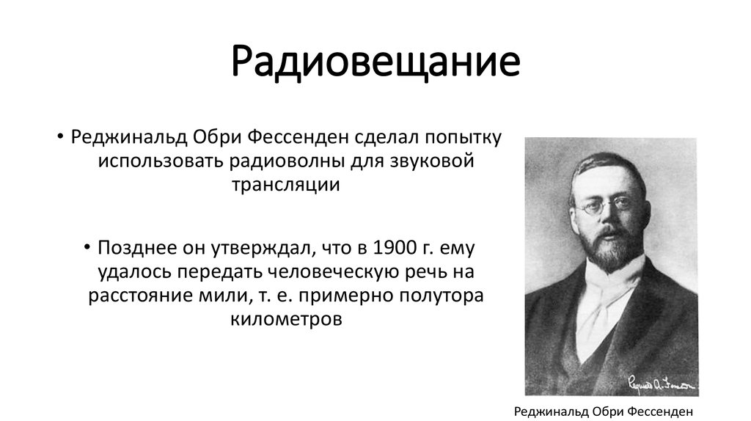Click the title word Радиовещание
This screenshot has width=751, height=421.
[375, 63]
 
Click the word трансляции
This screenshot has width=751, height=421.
[286, 184]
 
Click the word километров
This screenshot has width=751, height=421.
[286, 319]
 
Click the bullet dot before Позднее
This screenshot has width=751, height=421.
[88, 246]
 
